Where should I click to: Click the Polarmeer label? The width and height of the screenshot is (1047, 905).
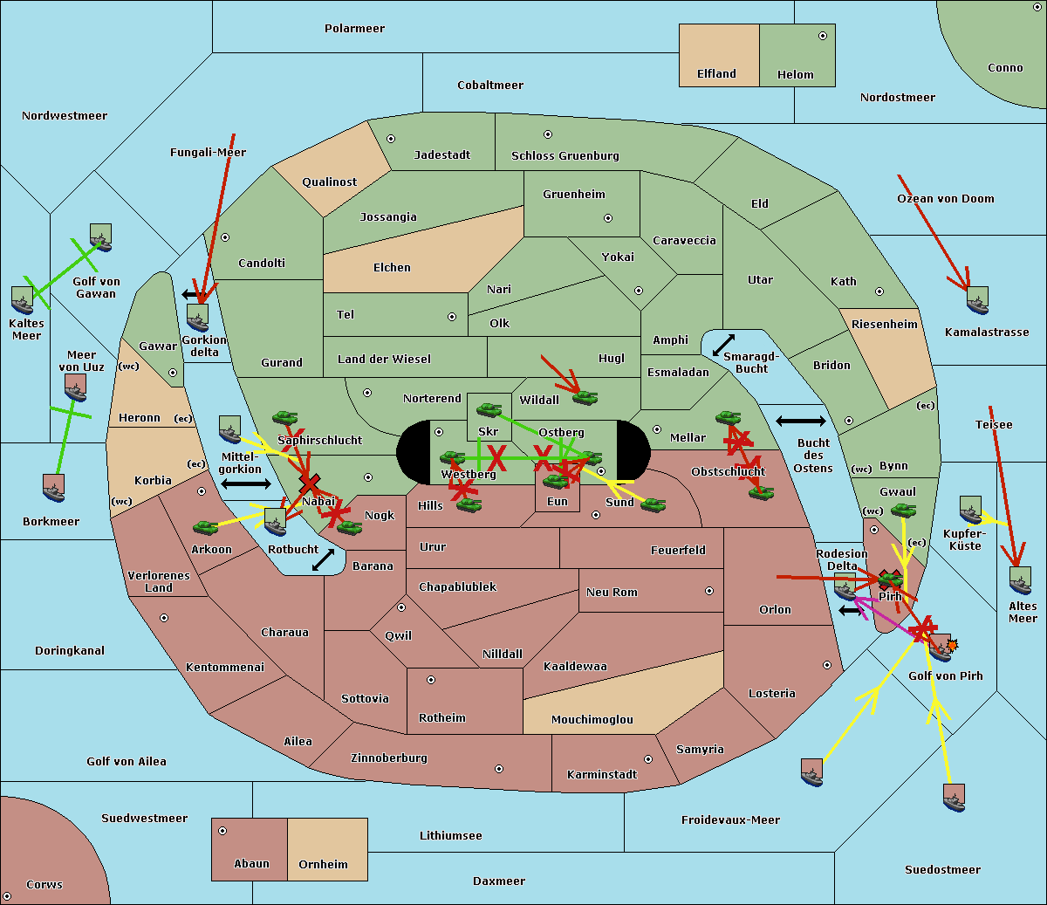(354, 29)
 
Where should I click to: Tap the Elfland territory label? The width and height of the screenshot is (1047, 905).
(716, 74)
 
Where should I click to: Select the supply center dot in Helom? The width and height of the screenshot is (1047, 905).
(822, 36)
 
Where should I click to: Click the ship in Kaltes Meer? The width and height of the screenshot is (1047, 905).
(22, 300)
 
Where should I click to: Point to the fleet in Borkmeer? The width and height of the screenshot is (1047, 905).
(54, 488)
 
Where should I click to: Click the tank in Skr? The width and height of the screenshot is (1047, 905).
(489, 408)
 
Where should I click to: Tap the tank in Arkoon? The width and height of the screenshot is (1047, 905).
(205, 527)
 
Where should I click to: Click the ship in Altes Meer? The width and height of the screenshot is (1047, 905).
(1020, 580)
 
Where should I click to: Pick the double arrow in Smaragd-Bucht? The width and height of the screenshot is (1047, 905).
(723, 345)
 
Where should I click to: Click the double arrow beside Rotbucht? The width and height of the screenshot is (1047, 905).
(323, 559)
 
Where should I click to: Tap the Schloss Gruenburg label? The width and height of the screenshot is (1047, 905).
(565, 156)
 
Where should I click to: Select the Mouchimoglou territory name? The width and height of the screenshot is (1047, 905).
(592, 720)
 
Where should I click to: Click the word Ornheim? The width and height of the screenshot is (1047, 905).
(323, 865)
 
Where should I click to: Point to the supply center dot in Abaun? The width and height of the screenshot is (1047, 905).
(222, 831)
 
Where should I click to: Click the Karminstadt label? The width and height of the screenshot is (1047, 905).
(602, 775)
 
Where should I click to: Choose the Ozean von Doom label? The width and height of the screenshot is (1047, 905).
(946, 199)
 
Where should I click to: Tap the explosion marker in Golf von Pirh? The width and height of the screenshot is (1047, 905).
(952, 644)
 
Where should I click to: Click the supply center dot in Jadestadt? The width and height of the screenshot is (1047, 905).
(391, 138)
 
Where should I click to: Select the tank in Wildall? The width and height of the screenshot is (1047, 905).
(585, 398)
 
